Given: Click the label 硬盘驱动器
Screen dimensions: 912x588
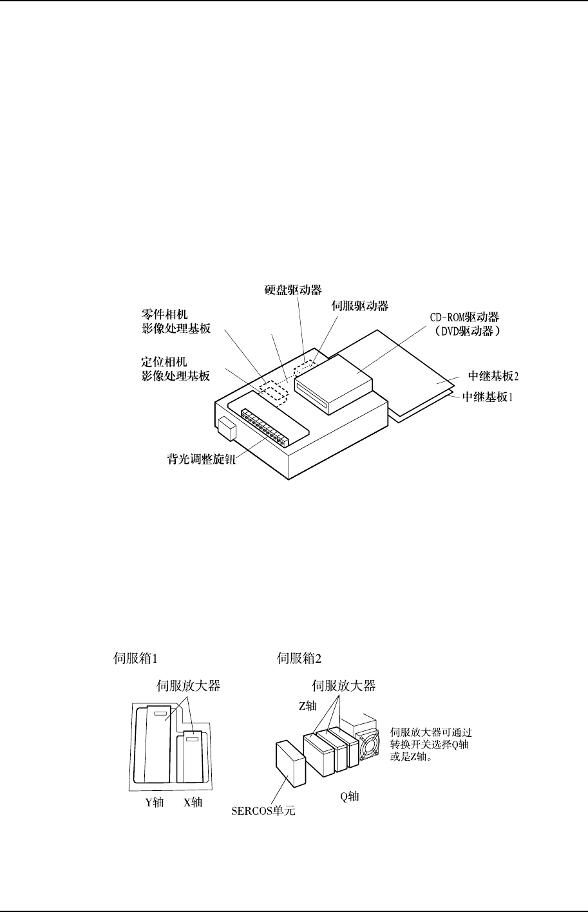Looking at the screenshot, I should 294,290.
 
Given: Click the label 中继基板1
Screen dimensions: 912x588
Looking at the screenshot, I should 488,398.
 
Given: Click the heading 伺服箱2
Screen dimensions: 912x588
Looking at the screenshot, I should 299,658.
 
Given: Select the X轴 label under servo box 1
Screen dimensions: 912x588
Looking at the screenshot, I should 192,803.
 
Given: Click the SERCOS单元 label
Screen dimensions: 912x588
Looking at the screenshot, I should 263,810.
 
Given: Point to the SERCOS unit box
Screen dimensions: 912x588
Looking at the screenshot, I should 289,765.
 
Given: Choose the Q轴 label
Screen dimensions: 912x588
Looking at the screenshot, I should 350,797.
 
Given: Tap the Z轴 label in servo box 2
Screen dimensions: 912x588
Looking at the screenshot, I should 307,705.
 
